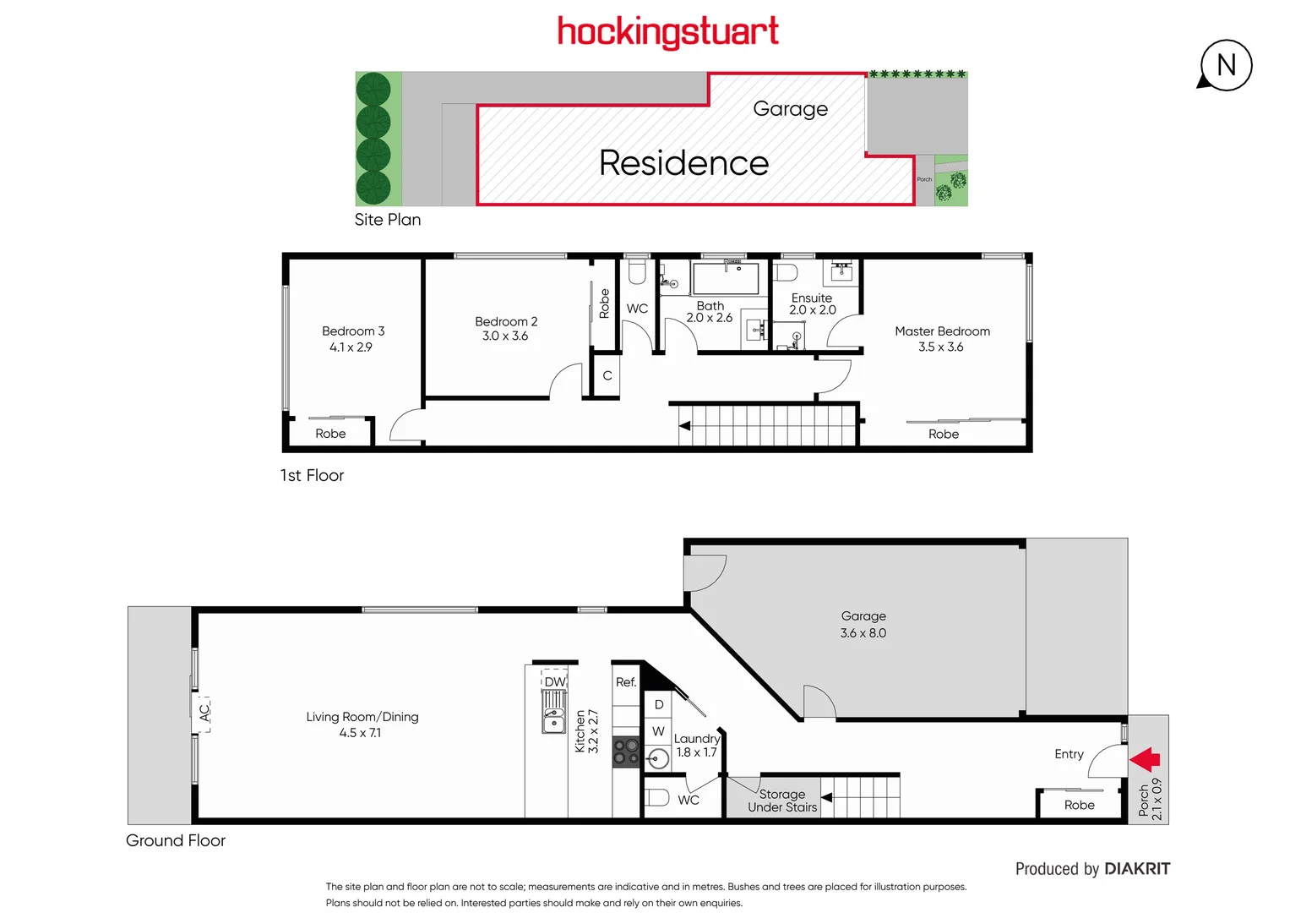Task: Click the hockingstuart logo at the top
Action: (x=667, y=32)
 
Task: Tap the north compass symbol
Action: (x=1226, y=65)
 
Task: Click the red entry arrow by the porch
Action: (x=1146, y=759)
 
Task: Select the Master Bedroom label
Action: (x=942, y=331)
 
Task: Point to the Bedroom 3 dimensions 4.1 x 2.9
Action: (x=351, y=347)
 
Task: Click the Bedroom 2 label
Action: (x=506, y=321)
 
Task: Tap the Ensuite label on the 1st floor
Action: (x=812, y=298)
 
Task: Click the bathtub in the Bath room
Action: (x=725, y=277)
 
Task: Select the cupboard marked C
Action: (x=607, y=376)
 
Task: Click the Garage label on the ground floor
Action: (x=863, y=616)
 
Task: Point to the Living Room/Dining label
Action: (x=362, y=717)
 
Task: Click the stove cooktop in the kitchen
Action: (x=626, y=752)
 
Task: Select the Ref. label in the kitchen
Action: (x=626, y=682)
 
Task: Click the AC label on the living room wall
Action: (x=204, y=713)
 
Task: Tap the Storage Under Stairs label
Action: (x=782, y=801)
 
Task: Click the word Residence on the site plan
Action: (x=683, y=163)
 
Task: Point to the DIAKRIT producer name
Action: (x=1137, y=869)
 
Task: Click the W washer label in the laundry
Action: (x=658, y=731)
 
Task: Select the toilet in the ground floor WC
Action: (x=658, y=797)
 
